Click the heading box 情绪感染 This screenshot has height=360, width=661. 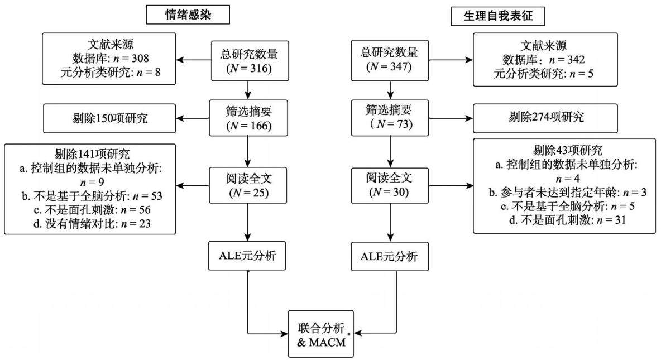point(188,15)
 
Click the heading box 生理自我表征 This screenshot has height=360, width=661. point(498,16)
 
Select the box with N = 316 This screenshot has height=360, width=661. point(250,61)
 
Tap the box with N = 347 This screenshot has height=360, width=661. point(390,60)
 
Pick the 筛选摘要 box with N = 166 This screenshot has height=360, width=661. point(249,118)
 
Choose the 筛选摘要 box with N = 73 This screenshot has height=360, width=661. point(390,118)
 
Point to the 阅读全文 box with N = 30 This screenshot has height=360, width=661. point(390,185)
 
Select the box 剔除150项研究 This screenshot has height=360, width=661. point(109,118)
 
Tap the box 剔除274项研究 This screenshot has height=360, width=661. point(545,118)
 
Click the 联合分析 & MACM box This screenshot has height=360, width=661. point(321,334)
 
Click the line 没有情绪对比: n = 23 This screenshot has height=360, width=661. point(92,223)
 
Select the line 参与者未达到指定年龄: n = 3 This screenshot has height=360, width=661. point(567,192)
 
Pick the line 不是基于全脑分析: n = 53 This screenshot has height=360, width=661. point(92,196)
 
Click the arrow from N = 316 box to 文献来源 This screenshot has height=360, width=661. point(194,60)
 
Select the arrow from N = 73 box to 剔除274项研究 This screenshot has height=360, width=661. point(451,118)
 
